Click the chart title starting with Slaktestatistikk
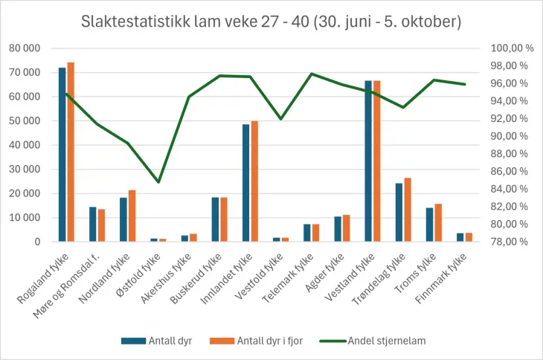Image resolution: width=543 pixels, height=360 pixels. [x=271, y=22]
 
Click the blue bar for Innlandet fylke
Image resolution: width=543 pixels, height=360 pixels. [x=246, y=183]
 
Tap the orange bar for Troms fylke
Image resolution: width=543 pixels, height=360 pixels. [x=438, y=223]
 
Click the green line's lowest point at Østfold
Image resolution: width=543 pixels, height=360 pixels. [x=158, y=182]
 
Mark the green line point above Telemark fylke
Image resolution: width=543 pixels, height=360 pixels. [x=312, y=74]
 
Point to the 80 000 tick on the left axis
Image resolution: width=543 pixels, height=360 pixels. [x=25, y=48]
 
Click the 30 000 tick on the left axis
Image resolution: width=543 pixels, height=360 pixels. [x=25, y=170]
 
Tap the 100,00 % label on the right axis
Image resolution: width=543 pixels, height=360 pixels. [x=513, y=48]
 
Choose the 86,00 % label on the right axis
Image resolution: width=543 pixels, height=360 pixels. [x=513, y=172]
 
